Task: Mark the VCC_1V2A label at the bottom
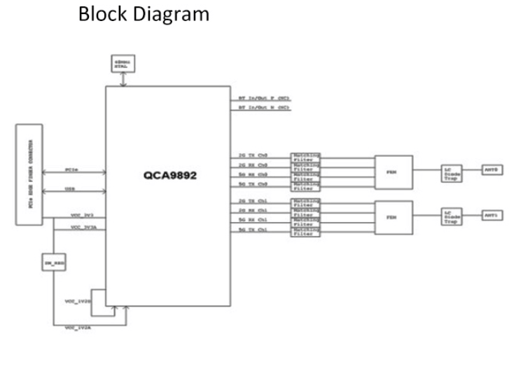pos(76,328)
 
